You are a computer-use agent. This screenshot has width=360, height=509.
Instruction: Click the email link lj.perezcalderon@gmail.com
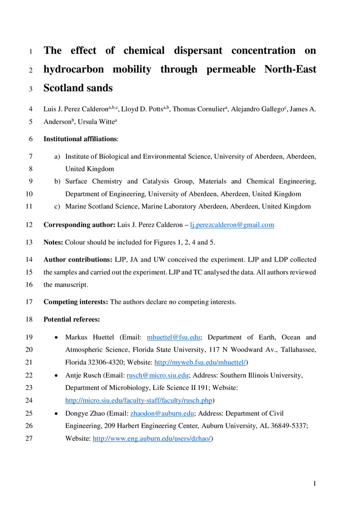click(x=232, y=224)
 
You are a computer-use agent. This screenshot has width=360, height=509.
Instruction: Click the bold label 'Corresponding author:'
click(x=80, y=224)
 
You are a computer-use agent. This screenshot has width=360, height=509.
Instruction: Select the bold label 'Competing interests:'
click(x=76, y=302)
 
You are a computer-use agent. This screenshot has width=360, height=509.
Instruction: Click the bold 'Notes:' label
click(x=53, y=242)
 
